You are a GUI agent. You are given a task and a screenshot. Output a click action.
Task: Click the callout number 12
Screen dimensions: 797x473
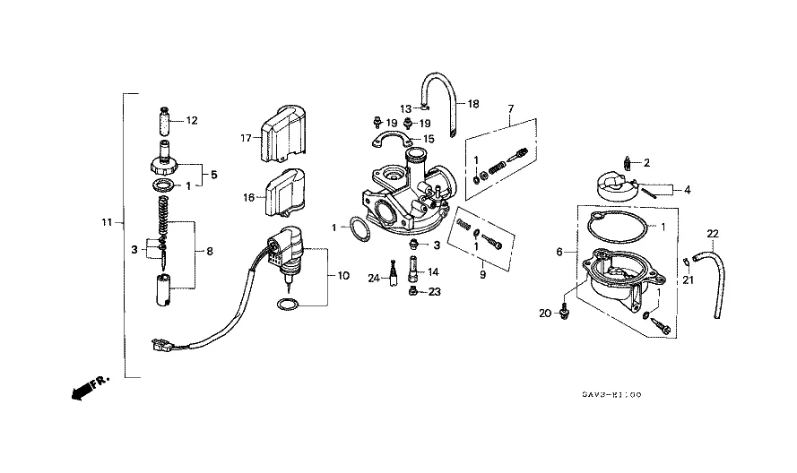[x=192, y=120]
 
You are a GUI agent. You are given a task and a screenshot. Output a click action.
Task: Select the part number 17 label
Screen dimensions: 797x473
[x=246, y=138]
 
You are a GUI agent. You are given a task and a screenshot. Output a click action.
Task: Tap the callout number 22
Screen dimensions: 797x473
[x=713, y=234]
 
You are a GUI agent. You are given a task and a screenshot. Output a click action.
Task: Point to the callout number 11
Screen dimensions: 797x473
[x=107, y=222]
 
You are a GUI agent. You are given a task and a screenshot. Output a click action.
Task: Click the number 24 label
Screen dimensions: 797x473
[x=374, y=278]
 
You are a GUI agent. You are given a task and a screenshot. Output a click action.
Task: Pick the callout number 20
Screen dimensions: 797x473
[x=545, y=314]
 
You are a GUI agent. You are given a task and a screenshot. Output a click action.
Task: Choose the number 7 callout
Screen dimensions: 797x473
[x=511, y=108]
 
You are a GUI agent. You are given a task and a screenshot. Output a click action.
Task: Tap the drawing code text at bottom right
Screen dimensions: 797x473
[x=612, y=394]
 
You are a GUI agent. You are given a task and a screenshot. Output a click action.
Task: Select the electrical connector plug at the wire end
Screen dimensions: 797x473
[x=161, y=346]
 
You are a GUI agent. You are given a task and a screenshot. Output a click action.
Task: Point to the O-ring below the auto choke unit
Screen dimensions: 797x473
[x=288, y=305]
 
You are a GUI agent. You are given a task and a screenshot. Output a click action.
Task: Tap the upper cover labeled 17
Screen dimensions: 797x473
[x=282, y=133]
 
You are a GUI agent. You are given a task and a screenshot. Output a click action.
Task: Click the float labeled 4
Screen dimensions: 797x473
[x=617, y=187]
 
